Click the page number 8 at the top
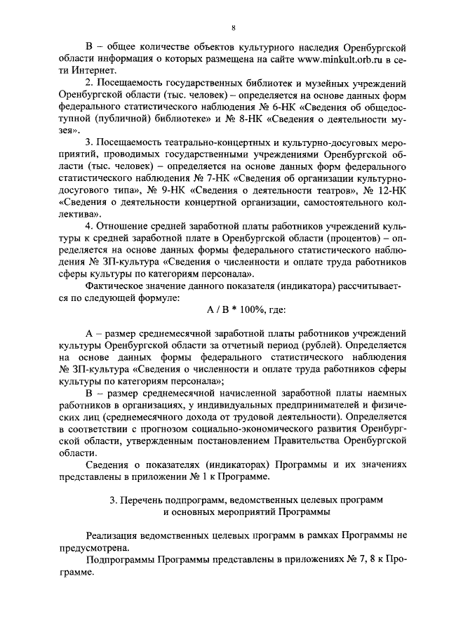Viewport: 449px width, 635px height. click(233, 27)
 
